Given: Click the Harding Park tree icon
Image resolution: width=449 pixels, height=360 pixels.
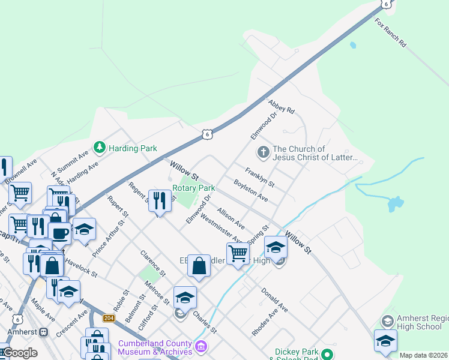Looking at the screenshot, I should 99,147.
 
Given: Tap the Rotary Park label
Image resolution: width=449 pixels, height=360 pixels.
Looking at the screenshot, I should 193,188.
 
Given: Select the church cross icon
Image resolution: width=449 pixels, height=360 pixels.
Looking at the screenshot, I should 263,152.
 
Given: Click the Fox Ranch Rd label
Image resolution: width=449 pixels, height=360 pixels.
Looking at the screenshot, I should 391,33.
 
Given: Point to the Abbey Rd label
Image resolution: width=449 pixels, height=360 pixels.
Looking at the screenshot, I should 282,107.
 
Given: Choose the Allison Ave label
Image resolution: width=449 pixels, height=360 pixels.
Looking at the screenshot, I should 231,218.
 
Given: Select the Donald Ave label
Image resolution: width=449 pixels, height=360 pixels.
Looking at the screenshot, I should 274,299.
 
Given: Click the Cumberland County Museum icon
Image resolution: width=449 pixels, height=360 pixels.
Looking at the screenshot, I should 200,346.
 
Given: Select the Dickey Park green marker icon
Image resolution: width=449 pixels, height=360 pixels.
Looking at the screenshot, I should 327,354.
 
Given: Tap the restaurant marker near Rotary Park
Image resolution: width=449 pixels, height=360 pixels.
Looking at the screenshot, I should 159,201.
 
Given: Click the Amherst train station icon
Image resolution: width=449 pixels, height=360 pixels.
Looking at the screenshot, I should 43,332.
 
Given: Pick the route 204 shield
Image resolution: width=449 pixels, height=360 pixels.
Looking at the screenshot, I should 109,318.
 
